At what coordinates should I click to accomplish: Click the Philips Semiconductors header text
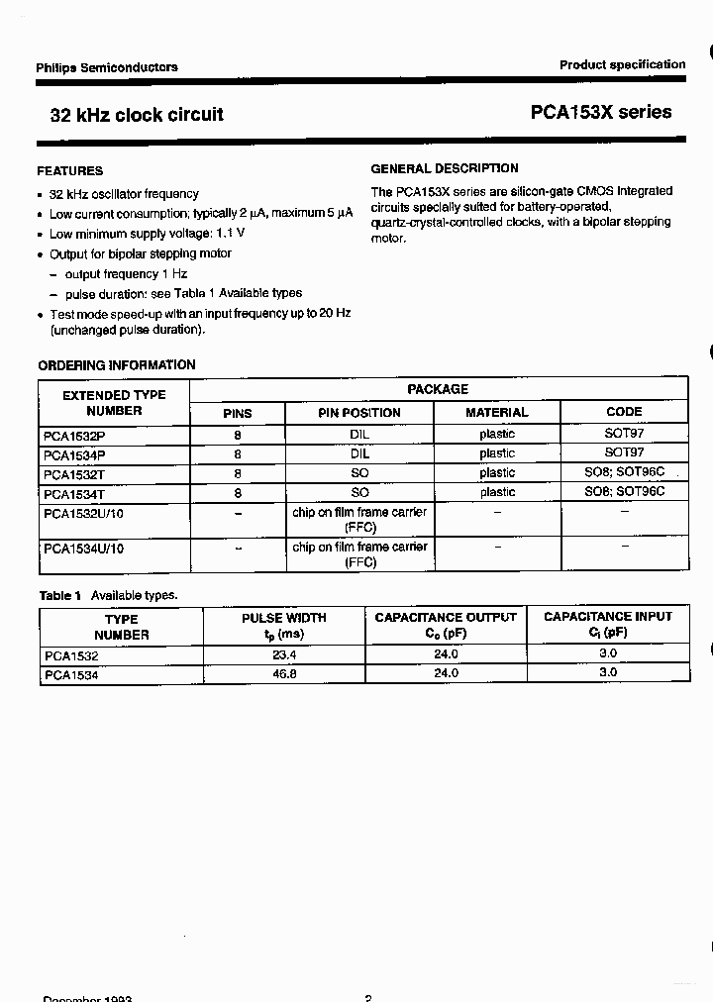[107, 67]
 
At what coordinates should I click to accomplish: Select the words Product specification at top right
[622, 64]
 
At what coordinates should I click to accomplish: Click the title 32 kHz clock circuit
[137, 115]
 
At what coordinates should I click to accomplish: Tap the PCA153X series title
[600, 113]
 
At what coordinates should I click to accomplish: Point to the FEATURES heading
[70, 171]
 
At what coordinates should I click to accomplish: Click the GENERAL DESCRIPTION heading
[445, 168]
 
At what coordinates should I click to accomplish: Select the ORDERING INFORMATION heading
[117, 365]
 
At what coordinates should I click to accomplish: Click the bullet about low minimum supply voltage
[147, 234]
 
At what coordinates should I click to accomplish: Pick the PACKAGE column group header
[438, 389]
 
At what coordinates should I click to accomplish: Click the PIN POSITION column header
[359, 413]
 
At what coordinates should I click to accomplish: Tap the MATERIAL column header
[497, 413]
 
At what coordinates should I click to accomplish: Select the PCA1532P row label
[74, 435]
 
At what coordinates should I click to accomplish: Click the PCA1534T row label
[74, 493]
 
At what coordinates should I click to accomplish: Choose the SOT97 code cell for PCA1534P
[624, 453]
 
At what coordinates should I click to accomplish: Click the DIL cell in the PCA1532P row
[359, 435]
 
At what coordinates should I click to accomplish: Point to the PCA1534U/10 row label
[84, 548]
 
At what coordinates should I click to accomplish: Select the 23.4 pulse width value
[284, 655]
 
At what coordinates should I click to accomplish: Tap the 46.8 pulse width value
[284, 673]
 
